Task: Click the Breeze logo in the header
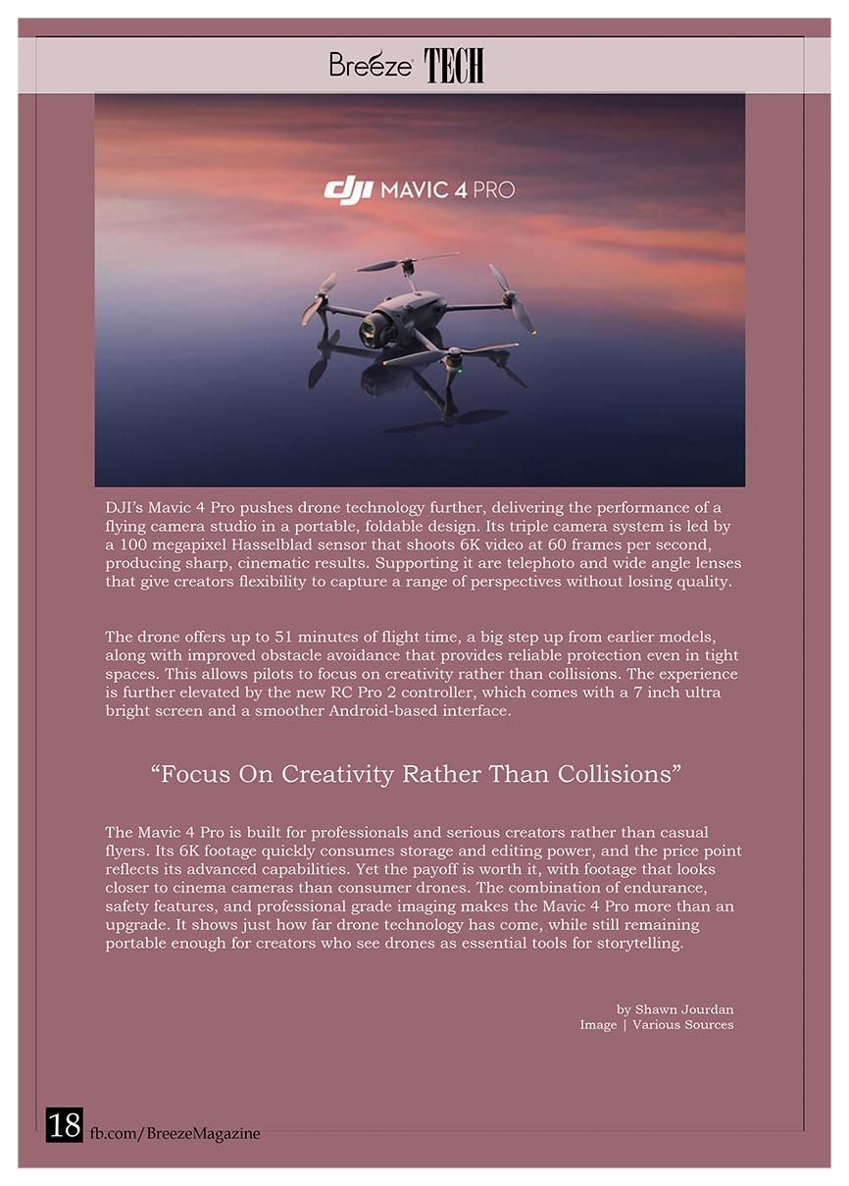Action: point(370,65)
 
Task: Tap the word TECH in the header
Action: point(454,66)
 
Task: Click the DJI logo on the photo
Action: point(348,189)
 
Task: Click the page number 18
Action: point(65,1125)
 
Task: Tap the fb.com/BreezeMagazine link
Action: point(175,1133)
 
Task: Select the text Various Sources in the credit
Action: point(683,1025)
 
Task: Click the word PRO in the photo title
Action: point(494,189)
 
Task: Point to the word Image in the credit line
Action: point(598,1025)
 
